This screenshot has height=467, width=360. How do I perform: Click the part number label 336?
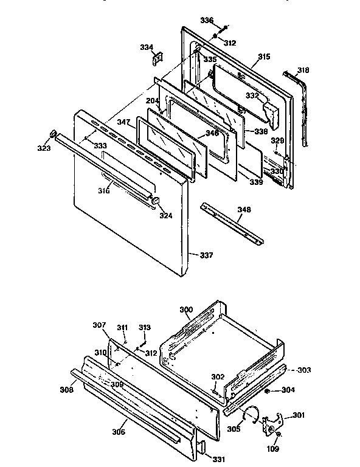[x=207, y=21]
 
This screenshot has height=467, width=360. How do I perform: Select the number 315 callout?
[x=263, y=57]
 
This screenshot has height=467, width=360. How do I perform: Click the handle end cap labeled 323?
[x=53, y=133]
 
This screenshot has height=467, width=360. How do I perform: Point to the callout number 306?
[x=119, y=432]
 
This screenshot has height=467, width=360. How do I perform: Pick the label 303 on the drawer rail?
[x=303, y=370]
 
